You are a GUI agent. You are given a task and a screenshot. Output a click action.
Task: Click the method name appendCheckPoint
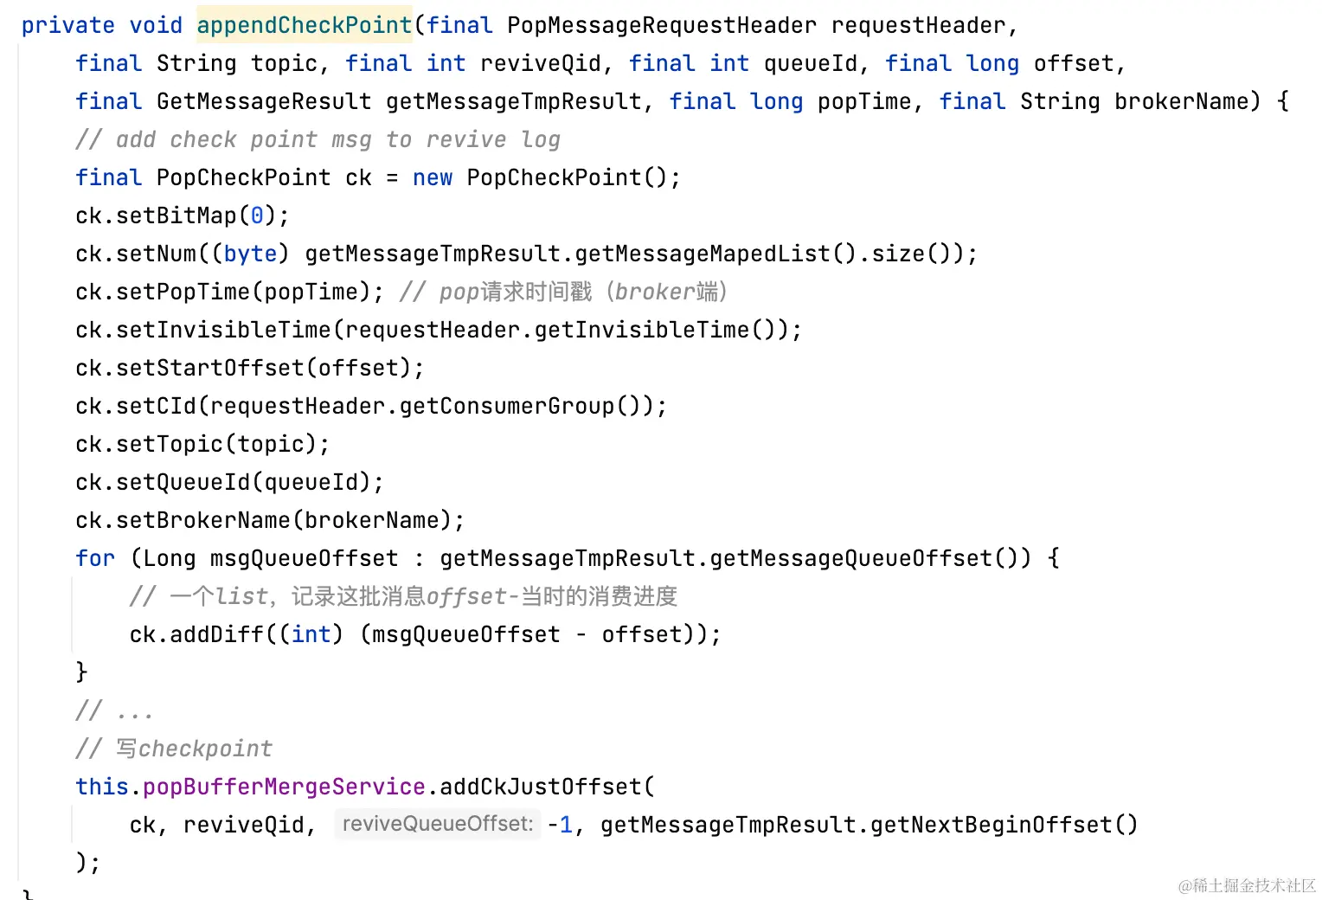click(304, 25)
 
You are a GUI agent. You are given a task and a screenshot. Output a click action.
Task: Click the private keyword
click(67, 25)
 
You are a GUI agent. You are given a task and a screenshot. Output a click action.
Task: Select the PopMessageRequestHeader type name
click(661, 25)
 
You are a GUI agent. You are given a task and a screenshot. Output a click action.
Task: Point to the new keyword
click(433, 177)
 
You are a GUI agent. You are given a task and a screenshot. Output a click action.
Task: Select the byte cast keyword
click(250, 254)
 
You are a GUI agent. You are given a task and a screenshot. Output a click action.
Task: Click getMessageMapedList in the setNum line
click(702, 254)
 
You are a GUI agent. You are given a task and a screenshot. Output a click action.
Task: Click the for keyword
click(95, 558)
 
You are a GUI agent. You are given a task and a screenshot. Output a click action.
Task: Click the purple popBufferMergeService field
click(284, 787)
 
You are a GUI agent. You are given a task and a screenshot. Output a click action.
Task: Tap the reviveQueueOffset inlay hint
click(437, 824)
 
